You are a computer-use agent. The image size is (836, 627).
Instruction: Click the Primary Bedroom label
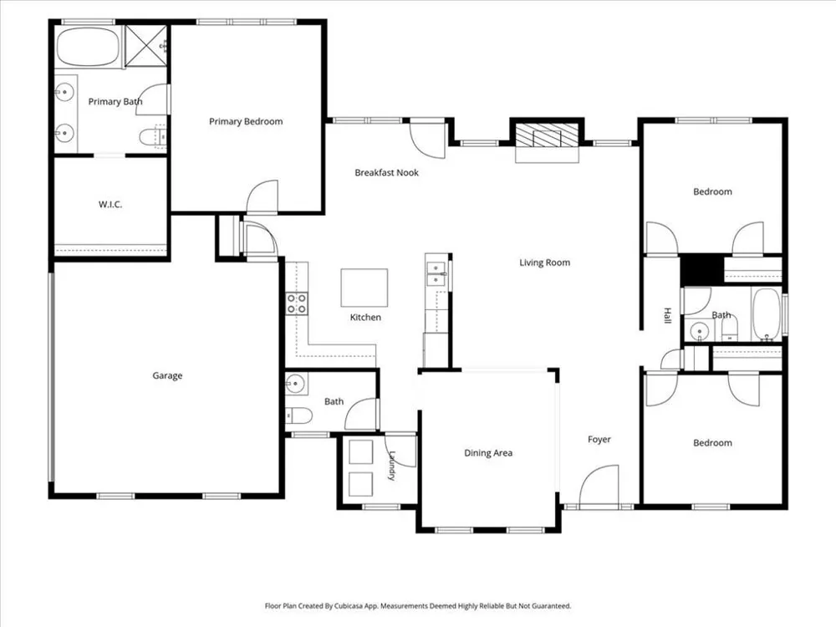click(x=246, y=121)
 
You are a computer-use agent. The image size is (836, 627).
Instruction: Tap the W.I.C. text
click(x=110, y=204)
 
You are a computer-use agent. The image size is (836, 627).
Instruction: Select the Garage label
click(x=167, y=376)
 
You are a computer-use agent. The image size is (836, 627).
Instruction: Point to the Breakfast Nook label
click(x=386, y=173)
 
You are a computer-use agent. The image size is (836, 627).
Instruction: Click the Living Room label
click(x=545, y=263)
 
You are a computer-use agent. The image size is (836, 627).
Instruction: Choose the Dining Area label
click(x=488, y=453)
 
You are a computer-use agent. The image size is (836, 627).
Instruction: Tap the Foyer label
click(x=599, y=440)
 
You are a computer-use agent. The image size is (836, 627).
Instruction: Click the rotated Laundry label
click(x=392, y=466)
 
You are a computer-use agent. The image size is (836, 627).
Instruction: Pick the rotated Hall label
click(x=667, y=316)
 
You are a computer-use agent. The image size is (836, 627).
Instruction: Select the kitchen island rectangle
click(x=364, y=288)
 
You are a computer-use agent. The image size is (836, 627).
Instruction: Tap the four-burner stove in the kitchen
click(x=297, y=303)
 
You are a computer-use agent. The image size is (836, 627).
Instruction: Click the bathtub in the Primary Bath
click(x=89, y=47)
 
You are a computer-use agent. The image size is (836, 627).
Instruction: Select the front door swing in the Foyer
click(x=599, y=485)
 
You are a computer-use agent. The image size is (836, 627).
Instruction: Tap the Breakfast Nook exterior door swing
click(x=427, y=140)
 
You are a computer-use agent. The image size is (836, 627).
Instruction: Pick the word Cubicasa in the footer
click(x=348, y=606)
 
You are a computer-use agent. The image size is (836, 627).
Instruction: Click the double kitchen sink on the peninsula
click(x=436, y=273)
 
